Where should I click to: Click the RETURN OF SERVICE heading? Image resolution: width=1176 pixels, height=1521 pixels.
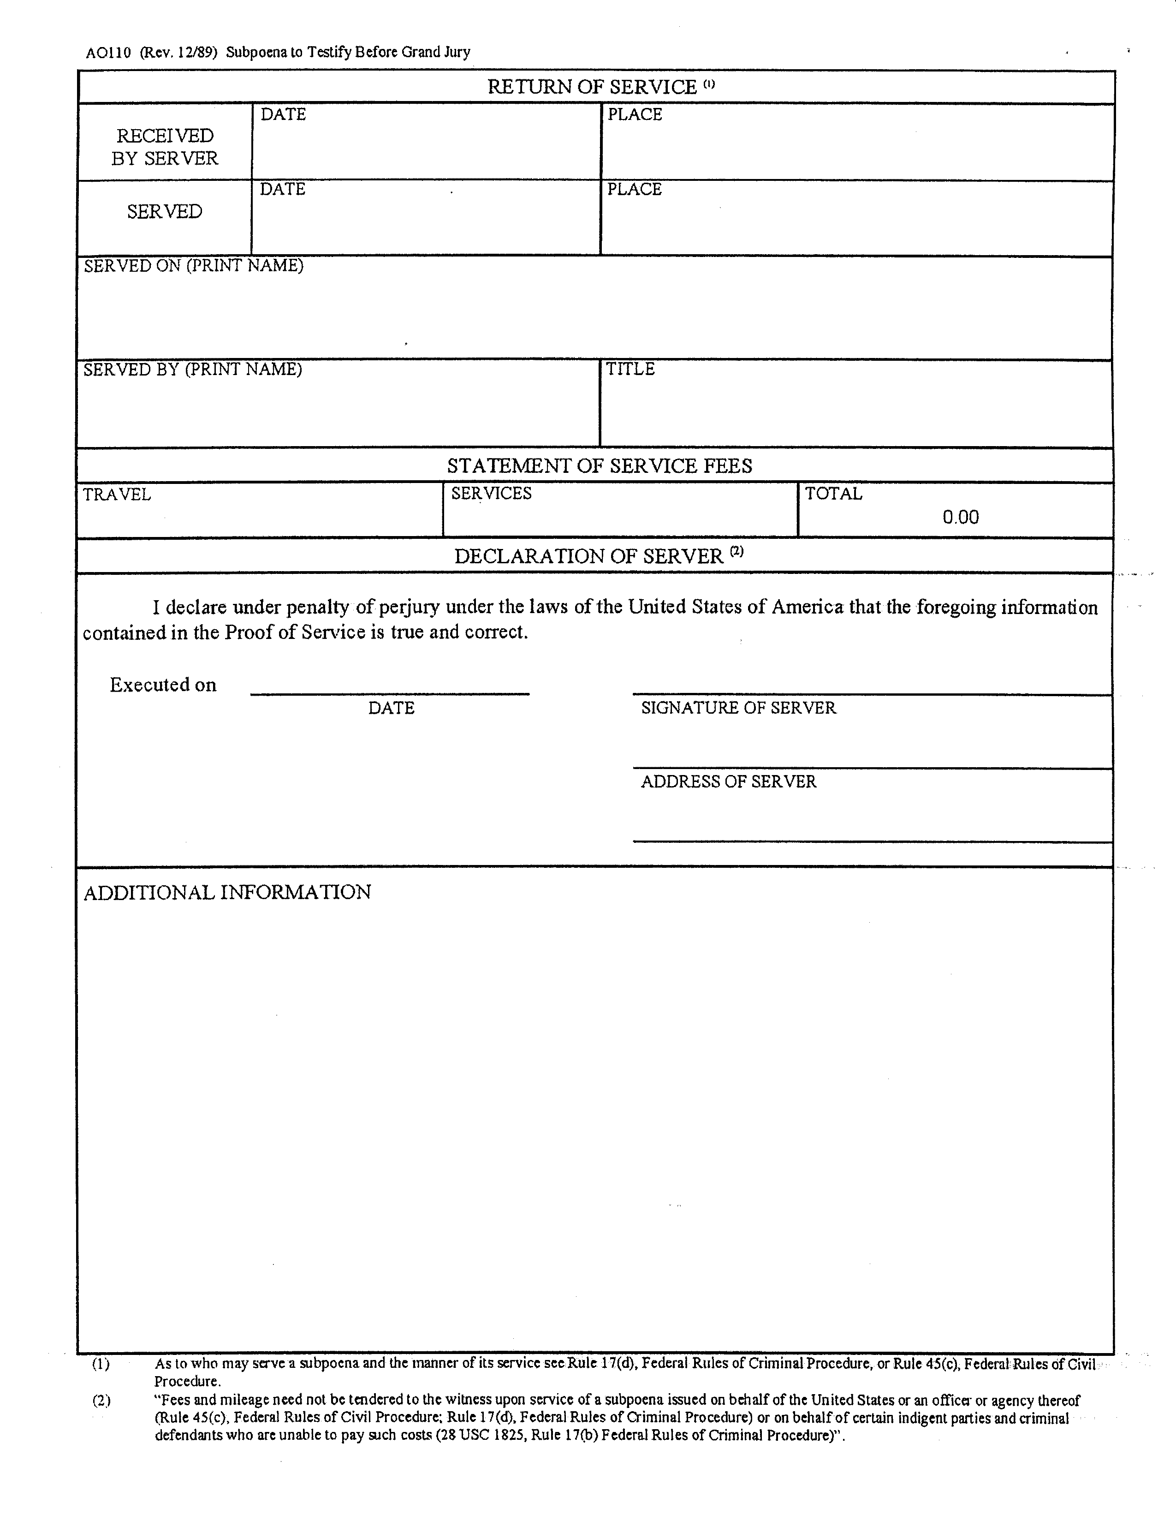[x=593, y=87]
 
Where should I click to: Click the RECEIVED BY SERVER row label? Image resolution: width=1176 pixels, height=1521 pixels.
[x=165, y=147]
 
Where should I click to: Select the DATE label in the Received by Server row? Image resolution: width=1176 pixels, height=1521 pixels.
[x=283, y=114]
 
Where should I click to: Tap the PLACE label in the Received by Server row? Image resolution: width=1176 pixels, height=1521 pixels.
[x=634, y=114]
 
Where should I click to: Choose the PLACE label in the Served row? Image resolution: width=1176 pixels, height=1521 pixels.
[x=634, y=190]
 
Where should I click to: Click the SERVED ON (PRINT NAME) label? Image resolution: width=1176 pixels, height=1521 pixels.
[x=194, y=266]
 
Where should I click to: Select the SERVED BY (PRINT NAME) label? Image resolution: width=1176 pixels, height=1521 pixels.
[x=193, y=369]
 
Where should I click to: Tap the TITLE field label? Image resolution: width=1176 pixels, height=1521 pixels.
[x=630, y=369]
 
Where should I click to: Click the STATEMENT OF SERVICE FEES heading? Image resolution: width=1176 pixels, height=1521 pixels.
[x=600, y=466]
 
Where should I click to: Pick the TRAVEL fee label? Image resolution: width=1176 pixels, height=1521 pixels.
[x=117, y=495]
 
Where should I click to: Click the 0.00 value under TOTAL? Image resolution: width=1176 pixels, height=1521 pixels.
[x=960, y=517]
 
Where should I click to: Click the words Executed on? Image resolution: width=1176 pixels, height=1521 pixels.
[x=163, y=685]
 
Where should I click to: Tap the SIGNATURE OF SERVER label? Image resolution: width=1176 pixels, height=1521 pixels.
[x=738, y=708]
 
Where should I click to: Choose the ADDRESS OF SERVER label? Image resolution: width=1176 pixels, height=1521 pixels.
[x=728, y=782]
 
